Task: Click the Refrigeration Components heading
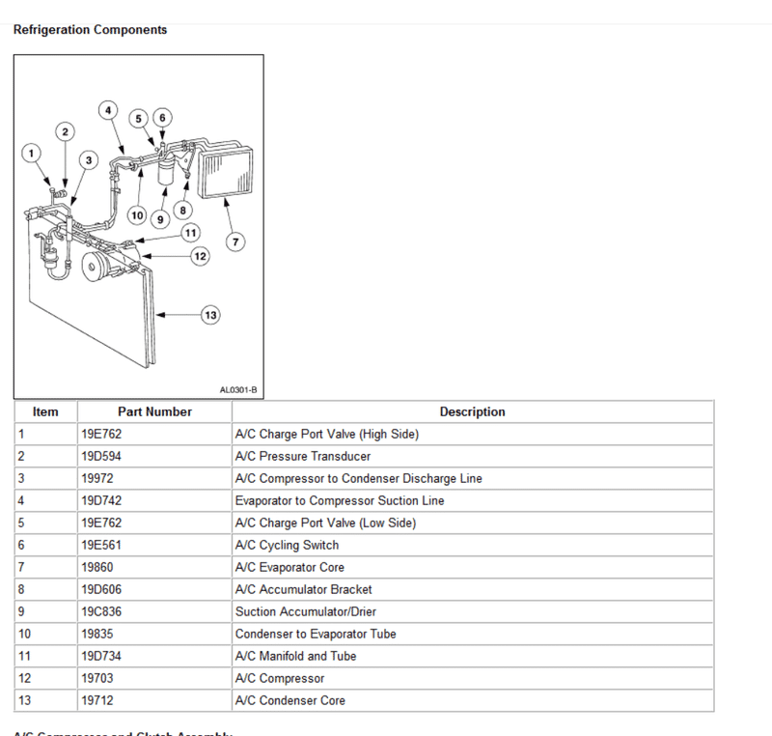(90, 30)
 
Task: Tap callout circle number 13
(211, 314)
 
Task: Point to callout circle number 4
(108, 110)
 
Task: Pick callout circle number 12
(200, 256)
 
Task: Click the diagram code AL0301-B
(238, 390)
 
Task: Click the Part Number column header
(154, 411)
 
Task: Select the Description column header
(472, 411)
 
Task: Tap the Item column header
(45, 411)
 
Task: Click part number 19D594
(101, 456)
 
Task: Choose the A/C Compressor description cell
(280, 678)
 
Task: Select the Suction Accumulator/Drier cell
(305, 611)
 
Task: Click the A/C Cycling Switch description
(287, 545)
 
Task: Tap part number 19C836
(101, 611)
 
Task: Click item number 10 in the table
(24, 634)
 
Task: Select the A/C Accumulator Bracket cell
(303, 589)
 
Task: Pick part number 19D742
(101, 500)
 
